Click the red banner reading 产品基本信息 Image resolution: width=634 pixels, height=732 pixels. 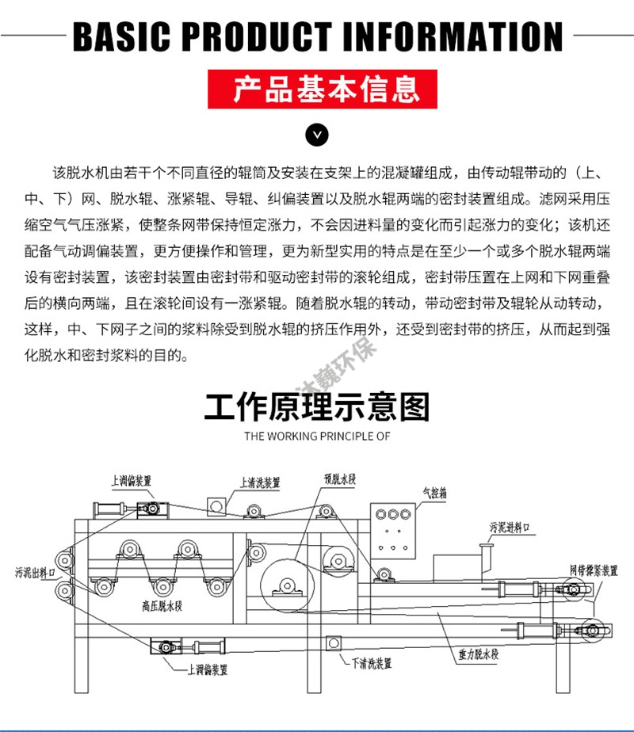point(317,90)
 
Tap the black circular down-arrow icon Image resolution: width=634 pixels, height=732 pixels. point(317,135)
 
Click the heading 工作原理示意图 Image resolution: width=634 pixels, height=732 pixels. point(317,406)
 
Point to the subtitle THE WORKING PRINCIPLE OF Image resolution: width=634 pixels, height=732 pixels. point(317,436)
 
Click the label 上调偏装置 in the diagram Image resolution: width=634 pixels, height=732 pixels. point(132,480)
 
